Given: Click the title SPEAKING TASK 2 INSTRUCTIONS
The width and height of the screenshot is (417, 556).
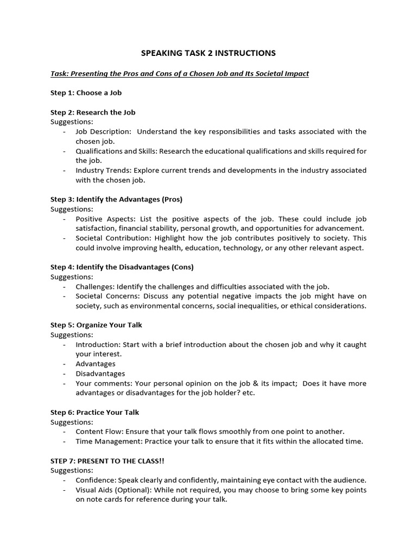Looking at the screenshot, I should [x=208, y=53].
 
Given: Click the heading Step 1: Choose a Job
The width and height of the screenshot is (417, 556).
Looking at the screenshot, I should [x=86, y=93].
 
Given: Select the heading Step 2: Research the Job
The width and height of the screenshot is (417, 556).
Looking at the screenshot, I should [x=93, y=112].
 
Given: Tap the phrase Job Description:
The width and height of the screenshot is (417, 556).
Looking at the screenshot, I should [x=103, y=131].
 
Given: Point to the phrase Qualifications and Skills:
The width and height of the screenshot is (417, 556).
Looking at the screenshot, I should [x=116, y=151].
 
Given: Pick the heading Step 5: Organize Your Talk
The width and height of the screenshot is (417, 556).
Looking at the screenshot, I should [x=96, y=325].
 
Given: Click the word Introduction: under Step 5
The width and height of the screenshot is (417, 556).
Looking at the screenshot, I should [x=98, y=345].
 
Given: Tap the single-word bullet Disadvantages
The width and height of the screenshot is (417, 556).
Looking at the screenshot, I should [x=100, y=374].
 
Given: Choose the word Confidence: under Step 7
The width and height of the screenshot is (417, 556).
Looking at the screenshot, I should [x=96, y=480].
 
